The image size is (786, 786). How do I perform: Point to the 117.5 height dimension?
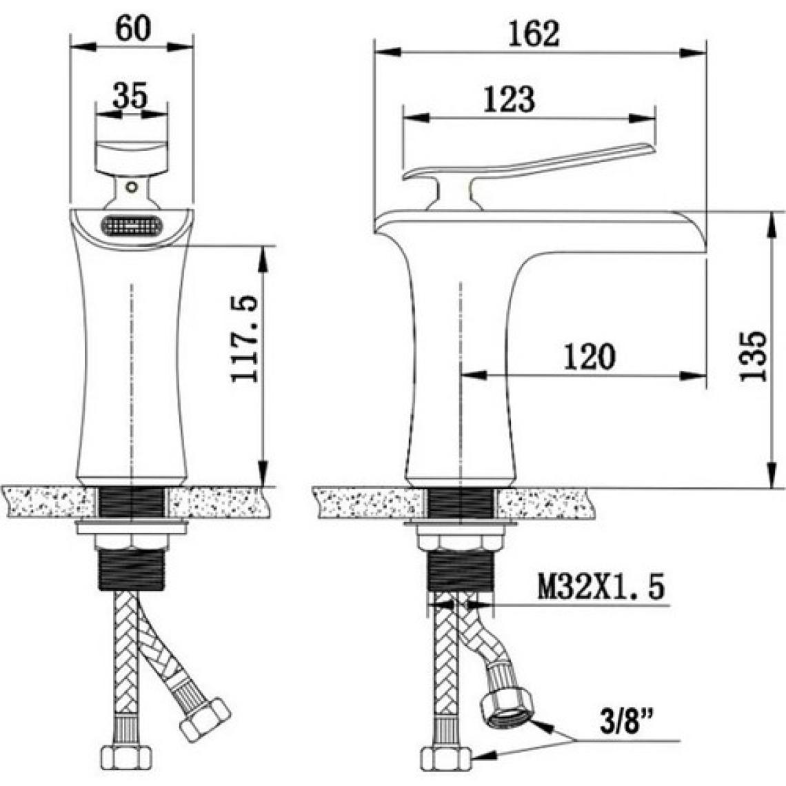tap(244, 339)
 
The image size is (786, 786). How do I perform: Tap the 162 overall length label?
tap(534, 34)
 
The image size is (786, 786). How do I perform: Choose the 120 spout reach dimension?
tap(589, 356)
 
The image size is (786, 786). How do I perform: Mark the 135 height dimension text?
tap(754, 356)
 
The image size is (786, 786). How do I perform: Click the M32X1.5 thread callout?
tap(601, 587)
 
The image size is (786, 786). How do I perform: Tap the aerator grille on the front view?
tap(132, 225)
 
